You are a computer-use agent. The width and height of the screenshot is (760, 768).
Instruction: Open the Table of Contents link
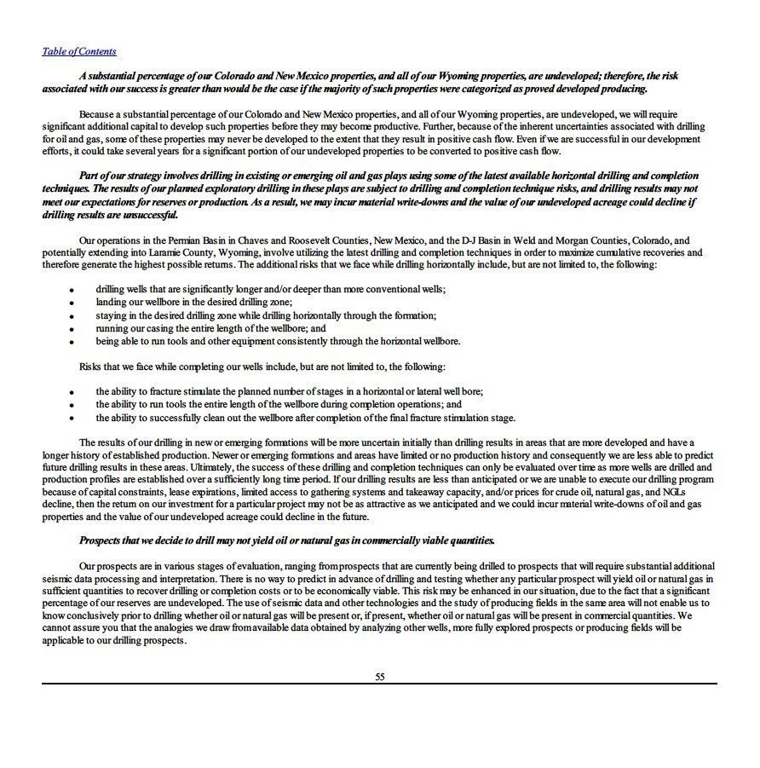coord(79,51)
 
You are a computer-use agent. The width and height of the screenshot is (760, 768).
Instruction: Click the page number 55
coord(380,677)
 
